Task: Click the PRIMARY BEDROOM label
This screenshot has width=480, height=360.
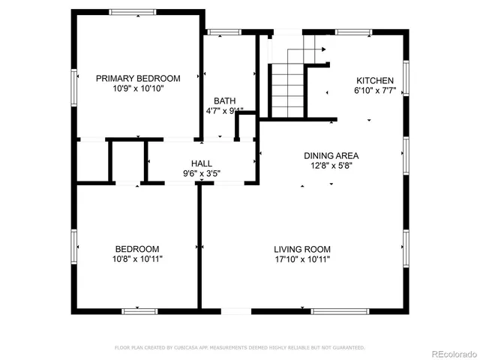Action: (x=138, y=78)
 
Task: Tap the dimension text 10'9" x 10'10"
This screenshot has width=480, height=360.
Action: (x=138, y=88)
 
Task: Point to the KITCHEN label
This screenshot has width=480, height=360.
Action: (x=374, y=81)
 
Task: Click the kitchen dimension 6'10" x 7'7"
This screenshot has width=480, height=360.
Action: (x=374, y=91)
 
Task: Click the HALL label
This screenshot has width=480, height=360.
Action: (x=202, y=163)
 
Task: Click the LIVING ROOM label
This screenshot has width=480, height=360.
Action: (x=301, y=249)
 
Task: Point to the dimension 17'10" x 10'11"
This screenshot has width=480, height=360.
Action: (x=301, y=259)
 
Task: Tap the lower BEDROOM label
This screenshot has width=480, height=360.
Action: (x=136, y=249)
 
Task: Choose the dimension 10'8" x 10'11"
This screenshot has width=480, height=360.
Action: (x=136, y=259)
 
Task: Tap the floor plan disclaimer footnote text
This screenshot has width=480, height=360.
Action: (x=239, y=348)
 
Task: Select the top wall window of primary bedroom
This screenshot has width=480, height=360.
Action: (x=133, y=13)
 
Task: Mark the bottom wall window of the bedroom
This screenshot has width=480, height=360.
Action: (x=140, y=310)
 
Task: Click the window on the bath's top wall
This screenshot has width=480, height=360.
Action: (x=220, y=32)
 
